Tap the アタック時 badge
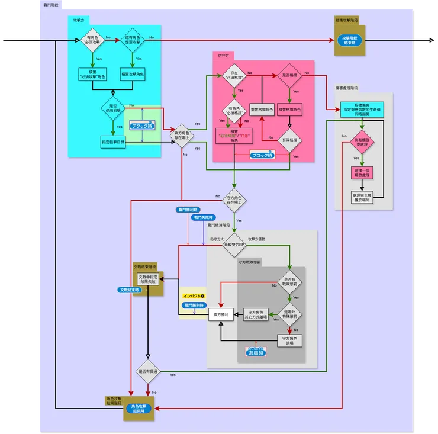(142, 126)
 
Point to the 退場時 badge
(256, 351)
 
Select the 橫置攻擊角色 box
(133, 75)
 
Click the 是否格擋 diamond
(289, 75)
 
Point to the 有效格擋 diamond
(289, 140)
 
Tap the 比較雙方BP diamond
(234, 244)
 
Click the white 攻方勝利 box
(223, 315)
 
